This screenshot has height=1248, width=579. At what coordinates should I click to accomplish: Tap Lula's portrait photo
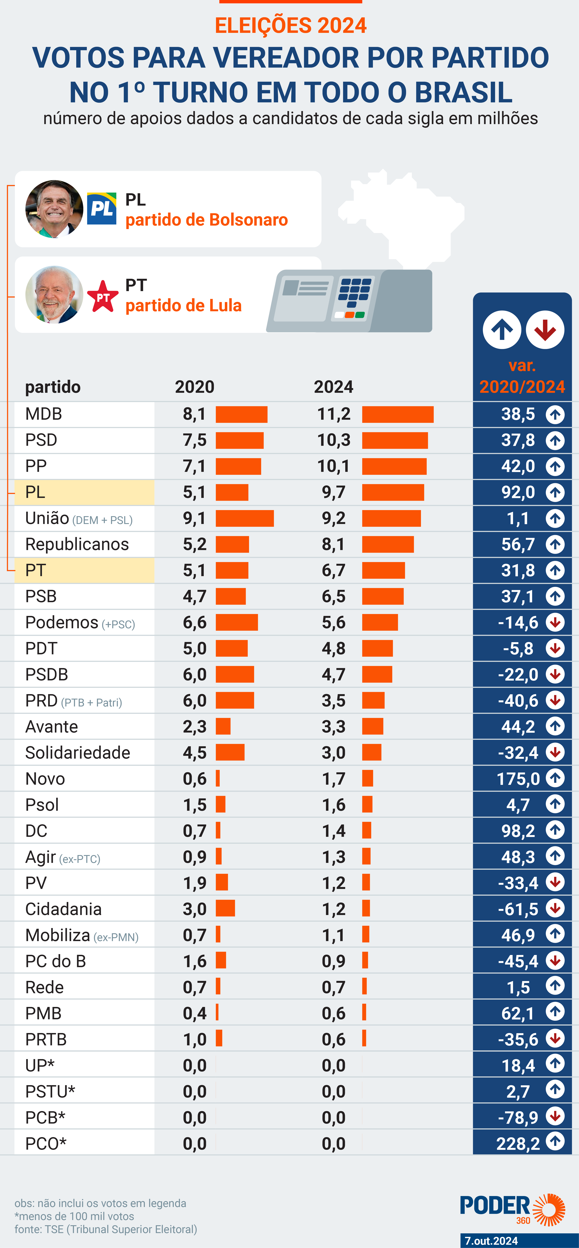click(54, 295)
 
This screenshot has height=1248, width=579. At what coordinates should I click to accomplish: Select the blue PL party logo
click(102, 209)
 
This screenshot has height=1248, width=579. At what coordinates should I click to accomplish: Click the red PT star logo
click(103, 296)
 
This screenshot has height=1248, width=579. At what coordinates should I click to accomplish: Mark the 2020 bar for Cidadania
click(225, 908)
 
